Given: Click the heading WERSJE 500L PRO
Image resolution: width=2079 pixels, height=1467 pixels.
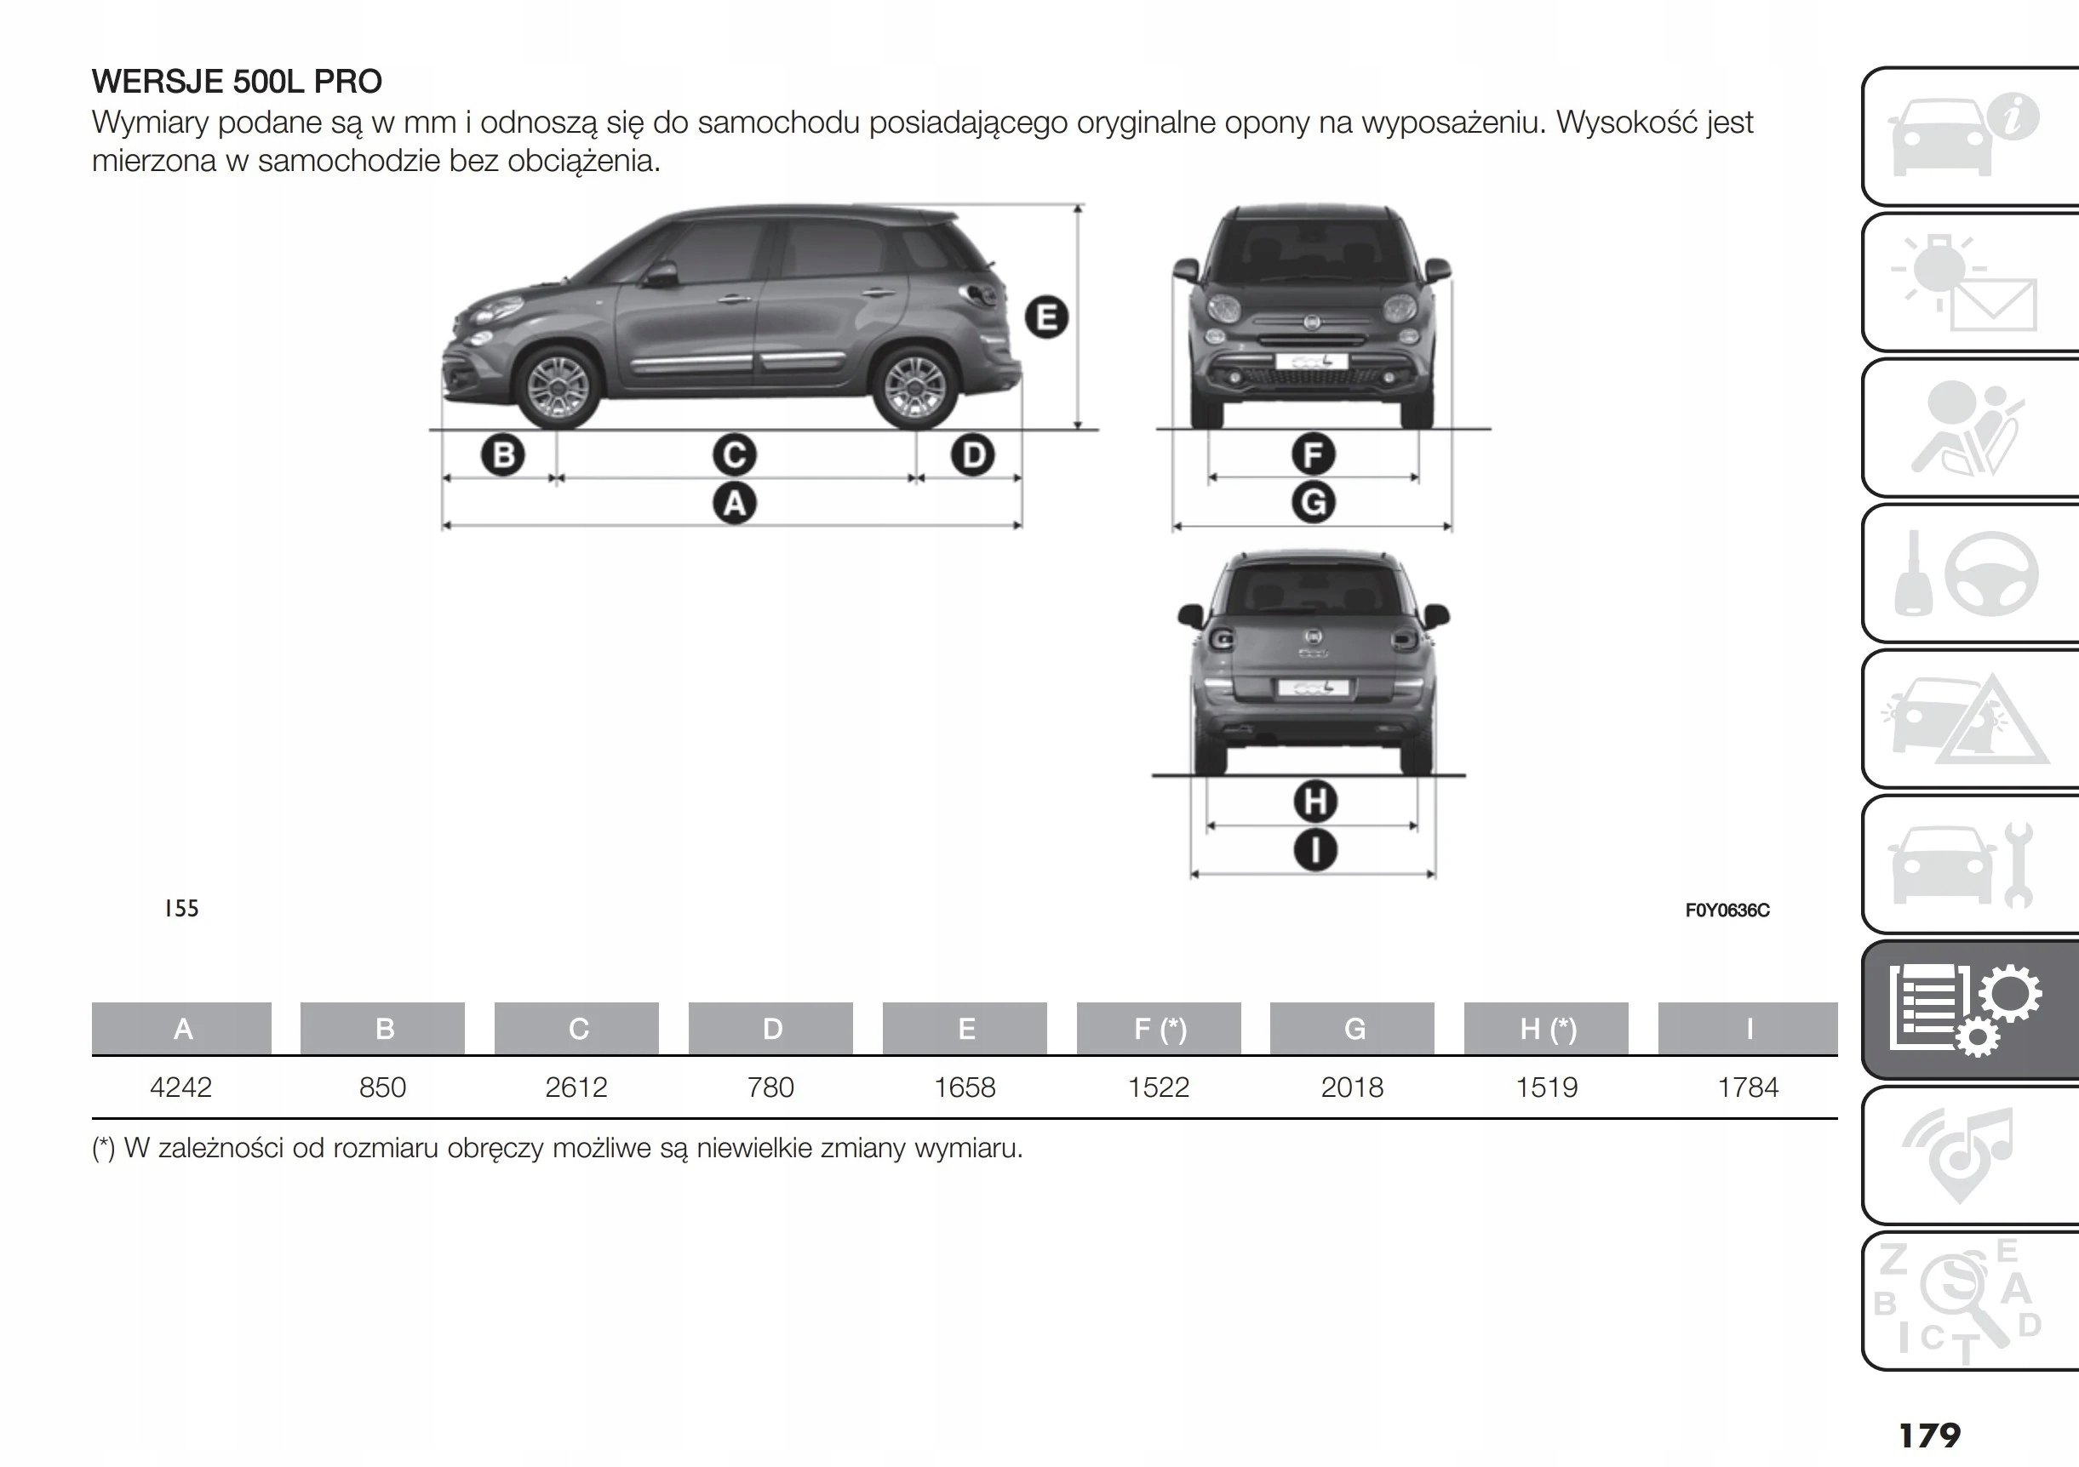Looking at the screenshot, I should pos(237,82).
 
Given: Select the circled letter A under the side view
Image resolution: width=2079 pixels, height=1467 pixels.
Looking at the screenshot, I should pos(735,503).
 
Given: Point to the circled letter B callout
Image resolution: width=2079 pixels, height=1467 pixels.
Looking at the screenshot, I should pos(503,454).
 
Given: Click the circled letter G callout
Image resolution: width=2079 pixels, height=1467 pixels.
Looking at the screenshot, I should pos(1313,503).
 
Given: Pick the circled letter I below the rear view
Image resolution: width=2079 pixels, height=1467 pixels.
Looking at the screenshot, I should pos(1314,850).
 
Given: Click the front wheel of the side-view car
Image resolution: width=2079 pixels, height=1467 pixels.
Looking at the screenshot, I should pos(558,387).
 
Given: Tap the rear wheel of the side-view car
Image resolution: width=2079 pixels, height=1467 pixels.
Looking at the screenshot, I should pos(913,388).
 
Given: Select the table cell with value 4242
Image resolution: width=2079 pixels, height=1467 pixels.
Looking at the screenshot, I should pos(181,1087).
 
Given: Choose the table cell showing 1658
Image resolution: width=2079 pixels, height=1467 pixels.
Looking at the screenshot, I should pos(965,1087).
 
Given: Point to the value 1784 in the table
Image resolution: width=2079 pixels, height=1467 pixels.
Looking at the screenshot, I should pos(1748,1087).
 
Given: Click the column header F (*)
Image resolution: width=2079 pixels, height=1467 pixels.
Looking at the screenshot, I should pos(1159,1029).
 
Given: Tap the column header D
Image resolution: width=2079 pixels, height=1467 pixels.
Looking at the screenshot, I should pos(771,1029).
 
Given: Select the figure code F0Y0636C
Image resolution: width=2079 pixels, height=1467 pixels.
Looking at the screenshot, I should pos(1727,910).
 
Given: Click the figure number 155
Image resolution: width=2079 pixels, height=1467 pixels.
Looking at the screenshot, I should pos(181,909).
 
